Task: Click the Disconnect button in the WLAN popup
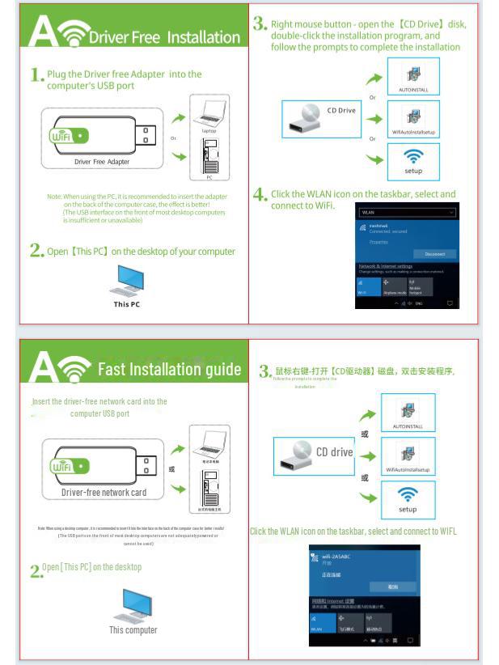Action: (434, 254)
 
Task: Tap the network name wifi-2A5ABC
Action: (337, 557)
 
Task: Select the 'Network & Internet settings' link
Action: (385, 266)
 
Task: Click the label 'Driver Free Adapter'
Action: (101, 162)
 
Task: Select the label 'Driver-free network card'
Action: (104, 492)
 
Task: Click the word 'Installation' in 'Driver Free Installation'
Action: (203, 37)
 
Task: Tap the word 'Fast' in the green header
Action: (112, 370)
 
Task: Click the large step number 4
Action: (260, 194)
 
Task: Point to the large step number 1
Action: (36, 75)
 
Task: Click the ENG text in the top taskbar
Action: (419, 303)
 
